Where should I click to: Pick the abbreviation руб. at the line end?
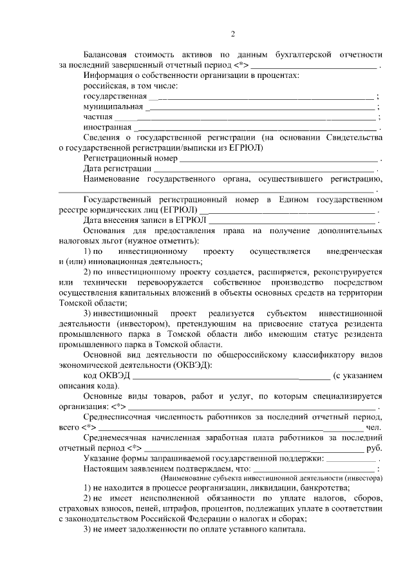[374, 448]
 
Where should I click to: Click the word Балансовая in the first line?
[109, 55]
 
